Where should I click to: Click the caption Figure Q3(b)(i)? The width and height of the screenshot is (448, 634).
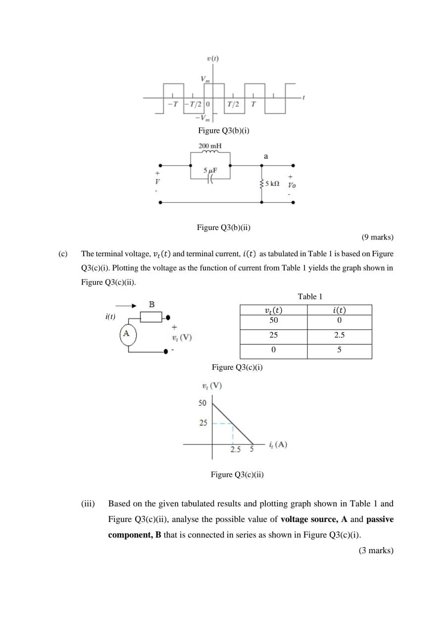[223, 130]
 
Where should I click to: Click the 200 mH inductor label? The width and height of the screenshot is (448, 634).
[210, 146]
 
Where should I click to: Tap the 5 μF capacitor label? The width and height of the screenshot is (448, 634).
[210, 171]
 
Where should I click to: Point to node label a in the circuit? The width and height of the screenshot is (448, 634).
[266, 156]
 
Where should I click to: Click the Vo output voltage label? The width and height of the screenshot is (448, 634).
[292, 185]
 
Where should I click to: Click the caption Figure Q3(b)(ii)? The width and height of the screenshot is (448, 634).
[223, 228]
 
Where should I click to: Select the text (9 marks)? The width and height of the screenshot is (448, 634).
[377, 237]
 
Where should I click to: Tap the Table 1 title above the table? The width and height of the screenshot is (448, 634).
[310, 296]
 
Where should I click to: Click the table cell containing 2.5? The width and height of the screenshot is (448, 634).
[339, 335]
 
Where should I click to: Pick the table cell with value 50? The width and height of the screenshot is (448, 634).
[273, 320]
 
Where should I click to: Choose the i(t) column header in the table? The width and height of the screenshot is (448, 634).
[339, 310]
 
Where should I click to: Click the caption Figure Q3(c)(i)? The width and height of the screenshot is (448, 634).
[237, 367]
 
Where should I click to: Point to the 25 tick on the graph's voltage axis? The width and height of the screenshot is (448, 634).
[203, 423]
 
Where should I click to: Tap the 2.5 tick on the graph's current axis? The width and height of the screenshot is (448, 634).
[236, 450]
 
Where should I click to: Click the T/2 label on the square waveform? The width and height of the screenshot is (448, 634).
[233, 104]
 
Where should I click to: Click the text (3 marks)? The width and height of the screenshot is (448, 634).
[376, 550]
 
